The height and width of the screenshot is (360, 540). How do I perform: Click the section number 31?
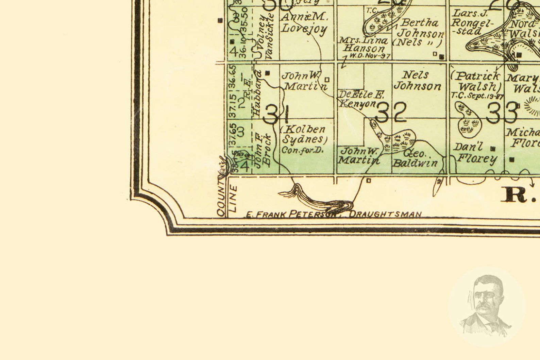click(276, 114)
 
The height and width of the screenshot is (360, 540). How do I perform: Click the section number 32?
click(391, 112)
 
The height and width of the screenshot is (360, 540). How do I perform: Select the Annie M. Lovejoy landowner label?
click(304, 23)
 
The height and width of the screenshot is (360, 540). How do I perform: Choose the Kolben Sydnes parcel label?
click(304, 135)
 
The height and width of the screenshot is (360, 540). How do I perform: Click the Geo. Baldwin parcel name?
click(415, 158)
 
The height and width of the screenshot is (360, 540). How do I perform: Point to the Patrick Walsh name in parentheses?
click(477, 81)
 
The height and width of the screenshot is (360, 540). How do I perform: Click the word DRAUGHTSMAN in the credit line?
click(385, 214)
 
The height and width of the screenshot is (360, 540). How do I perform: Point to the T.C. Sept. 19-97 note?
click(477, 96)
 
